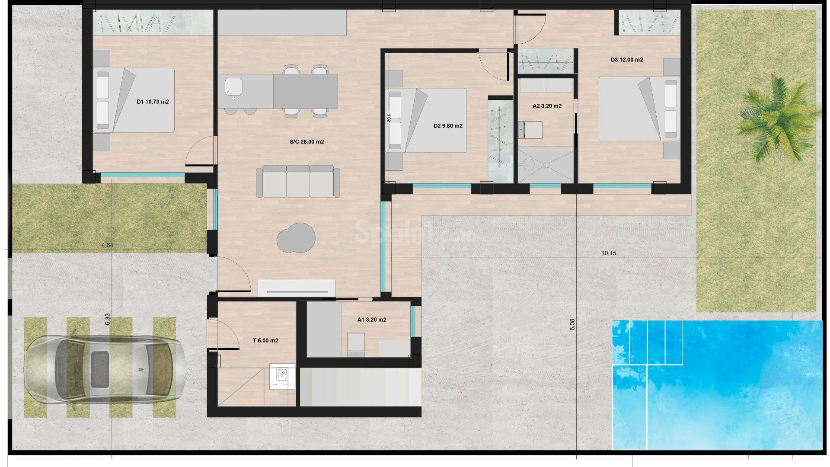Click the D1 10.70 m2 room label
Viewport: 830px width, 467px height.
pyautogui.click(x=153, y=102)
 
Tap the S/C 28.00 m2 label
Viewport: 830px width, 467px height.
pyautogui.click(x=306, y=142)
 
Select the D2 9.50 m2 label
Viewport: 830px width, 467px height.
pyautogui.click(x=448, y=126)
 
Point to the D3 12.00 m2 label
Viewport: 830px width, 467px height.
pyautogui.click(x=626, y=60)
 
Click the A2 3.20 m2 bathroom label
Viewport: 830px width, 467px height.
pyautogui.click(x=547, y=106)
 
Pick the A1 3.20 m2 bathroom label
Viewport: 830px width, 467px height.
pyautogui.click(x=371, y=320)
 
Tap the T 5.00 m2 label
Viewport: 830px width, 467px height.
pyautogui.click(x=265, y=341)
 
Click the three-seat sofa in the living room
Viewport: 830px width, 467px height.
pyautogui.click(x=298, y=182)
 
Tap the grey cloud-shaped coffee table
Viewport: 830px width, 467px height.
pyautogui.click(x=296, y=238)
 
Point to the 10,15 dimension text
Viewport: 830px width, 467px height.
pyautogui.click(x=609, y=253)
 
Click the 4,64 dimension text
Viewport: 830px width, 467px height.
pyautogui.click(x=107, y=245)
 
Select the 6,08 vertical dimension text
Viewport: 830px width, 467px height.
pyautogui.click(x=572, y=325)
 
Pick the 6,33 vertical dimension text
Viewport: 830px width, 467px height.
pyautogui.click(x=108, y=319)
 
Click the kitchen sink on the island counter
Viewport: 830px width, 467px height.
pyautogui.click(x=233, y=87)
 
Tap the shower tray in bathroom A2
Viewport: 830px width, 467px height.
pyautogui.click(x=546, y=165)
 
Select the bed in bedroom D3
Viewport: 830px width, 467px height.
pyautogui.click(x=639, y=109)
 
